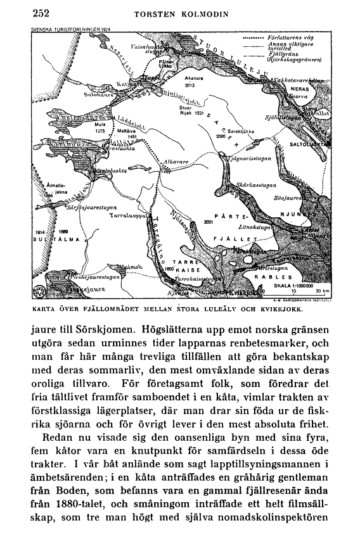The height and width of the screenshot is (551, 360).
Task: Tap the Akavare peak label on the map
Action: click(194, 77)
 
